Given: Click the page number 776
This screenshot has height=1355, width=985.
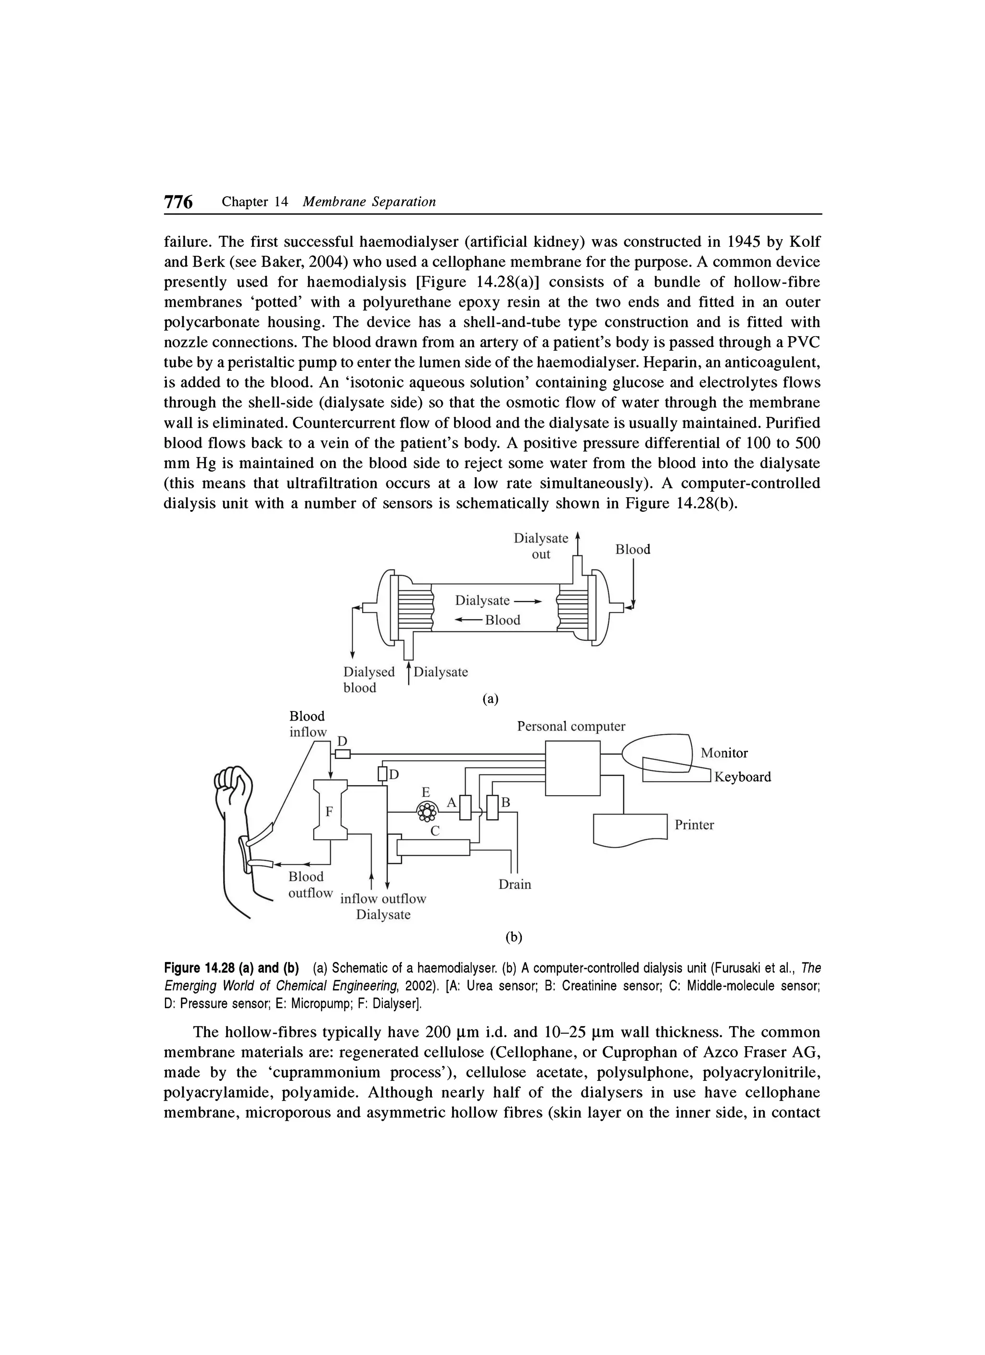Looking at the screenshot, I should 178,202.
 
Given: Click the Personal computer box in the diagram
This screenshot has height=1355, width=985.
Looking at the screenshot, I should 572,768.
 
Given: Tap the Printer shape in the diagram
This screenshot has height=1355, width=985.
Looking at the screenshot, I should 630,829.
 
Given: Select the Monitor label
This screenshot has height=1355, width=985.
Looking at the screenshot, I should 724,753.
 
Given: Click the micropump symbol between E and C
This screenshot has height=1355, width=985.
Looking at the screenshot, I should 427,811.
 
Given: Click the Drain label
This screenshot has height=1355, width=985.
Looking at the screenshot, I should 514,884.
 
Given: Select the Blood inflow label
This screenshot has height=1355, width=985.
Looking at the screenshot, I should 308,724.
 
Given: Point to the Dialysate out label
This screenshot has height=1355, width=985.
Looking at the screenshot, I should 541,546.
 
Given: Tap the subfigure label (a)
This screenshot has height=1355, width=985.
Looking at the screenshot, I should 490,698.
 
